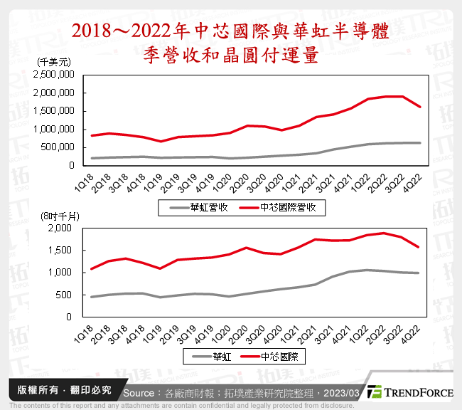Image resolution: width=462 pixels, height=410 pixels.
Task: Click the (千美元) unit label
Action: click(x=53, y=63)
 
